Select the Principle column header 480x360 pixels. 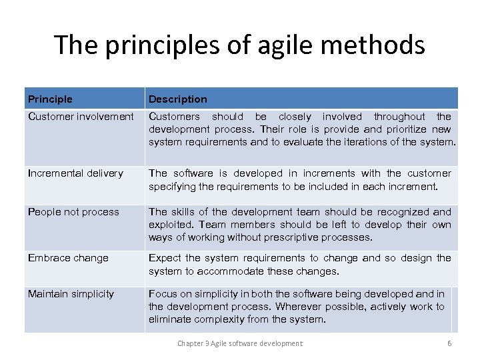pos(50,99)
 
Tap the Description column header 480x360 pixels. pos(177,99)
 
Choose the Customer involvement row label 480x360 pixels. pos(81,117)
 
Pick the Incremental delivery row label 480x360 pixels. pos(75,173)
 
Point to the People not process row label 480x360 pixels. pos(73,212)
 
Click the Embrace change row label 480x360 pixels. pos(68,258)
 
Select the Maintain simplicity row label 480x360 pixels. pos(71,294)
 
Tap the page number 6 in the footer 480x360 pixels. pos(449,343)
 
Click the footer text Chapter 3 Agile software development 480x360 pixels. pos(239,343)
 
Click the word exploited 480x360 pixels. pos(170,225)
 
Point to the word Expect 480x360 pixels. pos(165,258)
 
